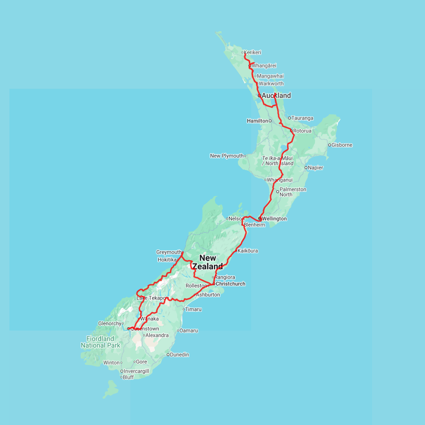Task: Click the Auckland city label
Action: (276, 95)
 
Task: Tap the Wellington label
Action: (274, 219)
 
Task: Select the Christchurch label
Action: (230, 284)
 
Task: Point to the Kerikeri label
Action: (253, 52)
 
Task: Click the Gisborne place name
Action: (342, 145)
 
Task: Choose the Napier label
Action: (315, 168)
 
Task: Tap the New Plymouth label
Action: (227, 156)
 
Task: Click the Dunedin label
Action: (179, 355)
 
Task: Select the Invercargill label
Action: (136, 371)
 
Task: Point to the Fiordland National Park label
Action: (100, 342)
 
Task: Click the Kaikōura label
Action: (248, 251)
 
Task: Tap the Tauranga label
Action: (303, 118)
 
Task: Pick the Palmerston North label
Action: (293, 192)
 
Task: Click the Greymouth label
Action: (169, 252)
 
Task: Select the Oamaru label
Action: (189, 331)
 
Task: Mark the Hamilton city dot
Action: (270, 121)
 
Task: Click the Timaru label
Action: (194, 309)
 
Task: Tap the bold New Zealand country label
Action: (208, 262)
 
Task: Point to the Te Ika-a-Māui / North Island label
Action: (278, 161)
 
